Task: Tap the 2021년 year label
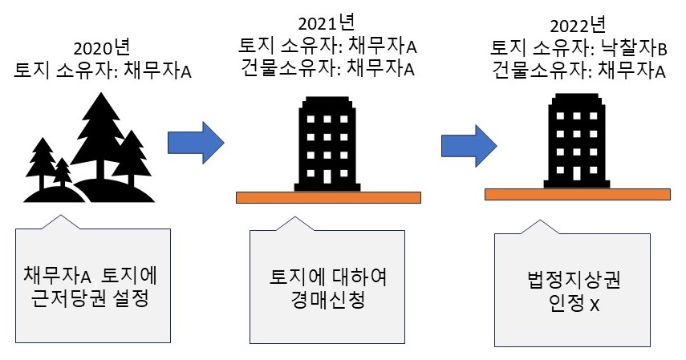tap(327, 24)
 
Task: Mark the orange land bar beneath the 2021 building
tap(329, 197)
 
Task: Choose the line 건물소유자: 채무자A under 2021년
tap(327, 69)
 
